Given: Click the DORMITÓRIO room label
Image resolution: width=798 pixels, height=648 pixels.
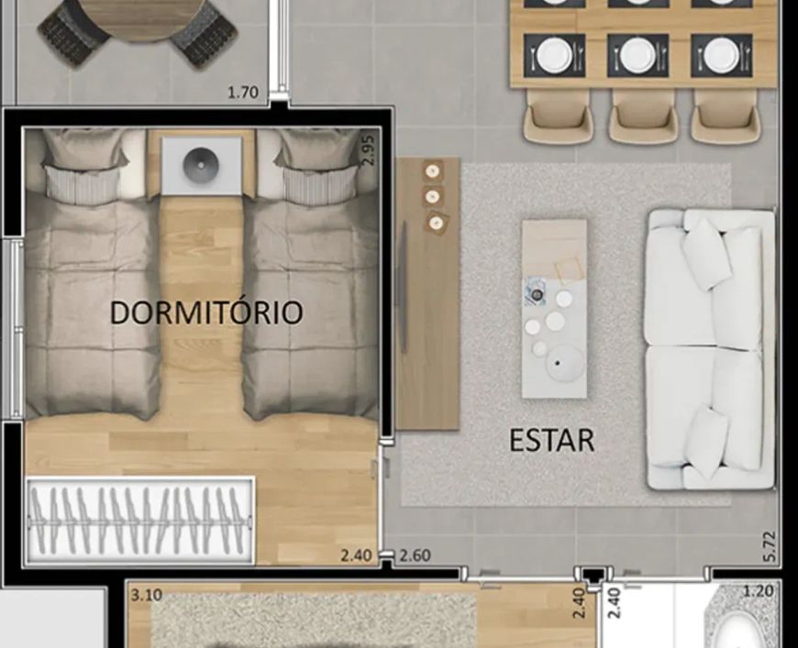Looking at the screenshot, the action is click(x=206, y=312).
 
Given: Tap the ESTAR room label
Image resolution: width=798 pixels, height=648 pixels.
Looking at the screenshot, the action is click(x=551, y=440).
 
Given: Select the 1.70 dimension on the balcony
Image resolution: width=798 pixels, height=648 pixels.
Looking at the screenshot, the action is click(x=243, y=93).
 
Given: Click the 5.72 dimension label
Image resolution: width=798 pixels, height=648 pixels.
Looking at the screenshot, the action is click(x=770, y=546).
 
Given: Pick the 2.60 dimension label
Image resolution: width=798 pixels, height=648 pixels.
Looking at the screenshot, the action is click(x=415, y=555).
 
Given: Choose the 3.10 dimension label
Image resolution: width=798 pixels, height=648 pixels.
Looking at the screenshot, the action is click(x=147, y=595).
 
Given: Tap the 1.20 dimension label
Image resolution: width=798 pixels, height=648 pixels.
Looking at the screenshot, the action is click(x=759, y=591).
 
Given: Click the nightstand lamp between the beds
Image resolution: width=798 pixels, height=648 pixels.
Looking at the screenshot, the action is click(x=201, y=165).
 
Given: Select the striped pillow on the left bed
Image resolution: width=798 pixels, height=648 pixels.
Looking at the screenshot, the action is click(x=83, y=184).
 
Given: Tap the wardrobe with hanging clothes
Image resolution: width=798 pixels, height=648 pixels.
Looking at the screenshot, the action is click(x=140, y=520).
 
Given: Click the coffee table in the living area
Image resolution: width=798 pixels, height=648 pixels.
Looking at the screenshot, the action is click(x=554, y=309).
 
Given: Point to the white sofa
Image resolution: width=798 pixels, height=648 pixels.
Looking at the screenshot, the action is click(x=711, y=349).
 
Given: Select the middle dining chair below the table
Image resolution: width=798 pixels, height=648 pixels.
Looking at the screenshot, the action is click(x=643, y=116).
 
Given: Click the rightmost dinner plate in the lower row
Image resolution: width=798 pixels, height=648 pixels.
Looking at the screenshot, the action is click(x=721, y=55).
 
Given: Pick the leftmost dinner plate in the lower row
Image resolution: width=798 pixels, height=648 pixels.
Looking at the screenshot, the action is click(x=554, y=55).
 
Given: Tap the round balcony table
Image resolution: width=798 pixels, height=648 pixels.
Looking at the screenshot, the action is click(x=139, y=16).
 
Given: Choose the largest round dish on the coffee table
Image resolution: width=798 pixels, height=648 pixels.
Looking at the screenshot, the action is click(x=564, y=363).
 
